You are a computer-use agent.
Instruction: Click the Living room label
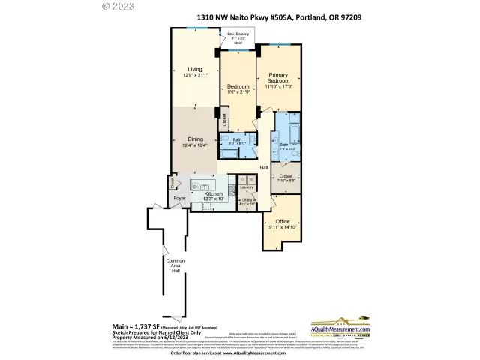click(x=195, y=70)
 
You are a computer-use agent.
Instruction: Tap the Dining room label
click(x=195, y=139)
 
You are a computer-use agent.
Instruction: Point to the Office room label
click(x=282, y=222)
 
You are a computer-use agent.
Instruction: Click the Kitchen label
click(x=214, y=193)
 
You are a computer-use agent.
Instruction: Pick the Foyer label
click(x=178, y=199)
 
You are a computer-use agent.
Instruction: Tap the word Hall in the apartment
click(x=264, y=167)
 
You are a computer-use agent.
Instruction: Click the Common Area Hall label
click(x=174, y=265)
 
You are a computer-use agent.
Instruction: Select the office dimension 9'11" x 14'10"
click(x=282, y=229)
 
